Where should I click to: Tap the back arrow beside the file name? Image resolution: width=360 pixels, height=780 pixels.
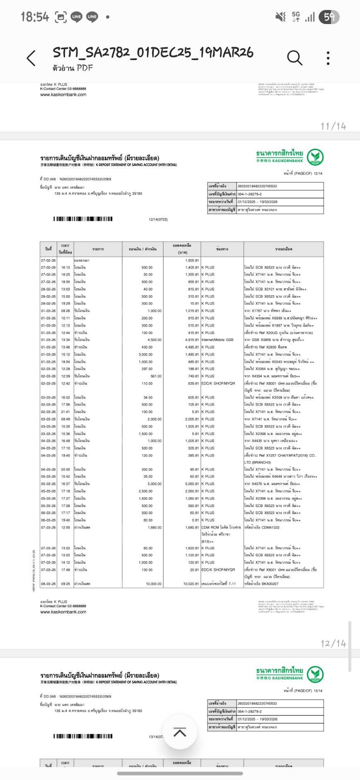coord(31,58)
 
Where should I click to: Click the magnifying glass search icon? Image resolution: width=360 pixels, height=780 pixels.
coord(294,58)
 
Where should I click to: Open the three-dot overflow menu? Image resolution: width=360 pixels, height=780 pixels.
coord(328,58)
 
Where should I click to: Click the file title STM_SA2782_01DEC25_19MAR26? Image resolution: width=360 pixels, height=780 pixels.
coord(153,53)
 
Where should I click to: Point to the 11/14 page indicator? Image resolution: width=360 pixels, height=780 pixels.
coord(333,126)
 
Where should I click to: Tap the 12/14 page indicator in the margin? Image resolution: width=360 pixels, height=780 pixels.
coord(333,643)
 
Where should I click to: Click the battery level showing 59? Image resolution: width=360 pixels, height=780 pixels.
coord(329,17)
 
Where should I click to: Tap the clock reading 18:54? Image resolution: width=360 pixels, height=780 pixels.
coord(35,17)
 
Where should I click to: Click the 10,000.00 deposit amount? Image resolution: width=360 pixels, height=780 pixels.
coord(154,584)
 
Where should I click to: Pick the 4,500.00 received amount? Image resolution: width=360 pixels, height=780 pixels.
coord(155,340)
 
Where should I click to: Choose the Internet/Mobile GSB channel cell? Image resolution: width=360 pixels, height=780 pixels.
coord(217,340)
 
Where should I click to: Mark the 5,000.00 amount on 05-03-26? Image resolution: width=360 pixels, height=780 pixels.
coord(155,484)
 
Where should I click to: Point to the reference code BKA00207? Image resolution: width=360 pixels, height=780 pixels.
coord(270,584)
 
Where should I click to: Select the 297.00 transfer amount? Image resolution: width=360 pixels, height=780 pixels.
coord(147,369)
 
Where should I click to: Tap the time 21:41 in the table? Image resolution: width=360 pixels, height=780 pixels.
coord(65,412)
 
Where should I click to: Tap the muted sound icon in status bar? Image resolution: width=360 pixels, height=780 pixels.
coord(280,17)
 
